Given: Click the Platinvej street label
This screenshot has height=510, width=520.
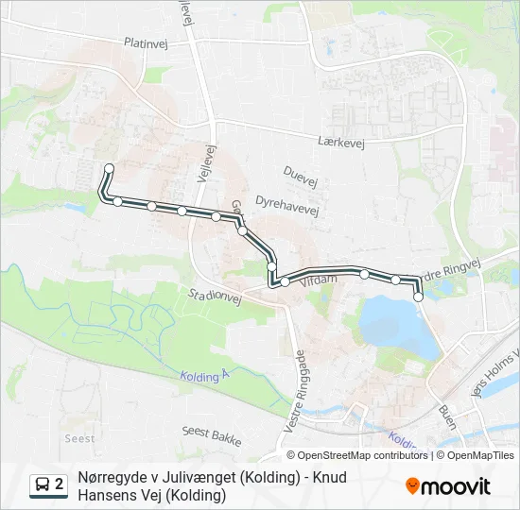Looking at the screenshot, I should pos(146,42).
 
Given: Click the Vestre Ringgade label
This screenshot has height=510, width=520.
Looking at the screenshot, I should pos(291,392).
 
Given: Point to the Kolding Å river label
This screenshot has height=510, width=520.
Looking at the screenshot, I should pos(205,375).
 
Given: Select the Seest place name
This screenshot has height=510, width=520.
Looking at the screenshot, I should pos(78,438).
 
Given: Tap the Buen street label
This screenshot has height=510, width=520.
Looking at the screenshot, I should pos(447,416).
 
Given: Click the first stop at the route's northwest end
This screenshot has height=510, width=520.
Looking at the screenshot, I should pos(109,169).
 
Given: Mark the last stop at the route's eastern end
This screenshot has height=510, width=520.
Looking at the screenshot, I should pos(418,297).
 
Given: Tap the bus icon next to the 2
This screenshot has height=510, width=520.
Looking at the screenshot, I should pos(43,485).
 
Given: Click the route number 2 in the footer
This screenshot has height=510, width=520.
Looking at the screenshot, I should pos(60,485).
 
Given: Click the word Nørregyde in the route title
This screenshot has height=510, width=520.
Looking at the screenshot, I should pos(113,477).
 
